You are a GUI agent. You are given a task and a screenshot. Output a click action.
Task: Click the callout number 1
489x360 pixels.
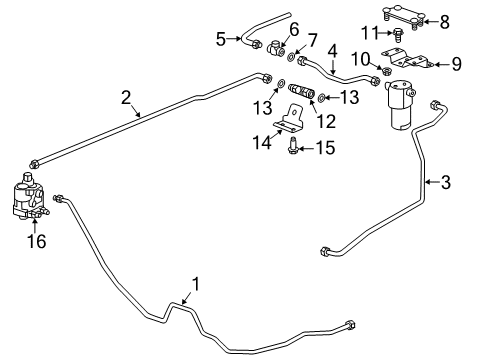pos(195,284)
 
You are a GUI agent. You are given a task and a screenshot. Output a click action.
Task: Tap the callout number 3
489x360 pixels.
pos(446,182)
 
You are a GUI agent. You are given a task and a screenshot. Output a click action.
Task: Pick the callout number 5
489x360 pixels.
pos(221,40)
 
